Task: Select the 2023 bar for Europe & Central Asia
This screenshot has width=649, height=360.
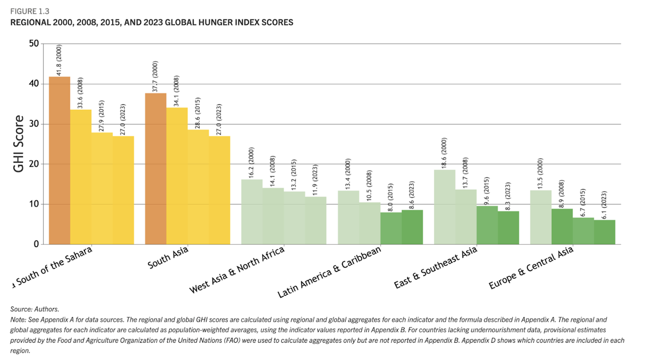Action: point(605,232)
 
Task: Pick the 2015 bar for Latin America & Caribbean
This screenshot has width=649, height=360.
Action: point(391,228)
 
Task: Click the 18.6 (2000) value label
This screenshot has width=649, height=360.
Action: point(445,153)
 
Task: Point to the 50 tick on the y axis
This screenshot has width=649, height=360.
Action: point(33,44)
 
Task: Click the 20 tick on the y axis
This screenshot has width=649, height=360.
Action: point(33,164)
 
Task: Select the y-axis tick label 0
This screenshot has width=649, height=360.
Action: point(36,244)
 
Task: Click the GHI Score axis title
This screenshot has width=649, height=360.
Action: point(18,144)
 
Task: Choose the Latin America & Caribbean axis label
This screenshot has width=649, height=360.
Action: point(329,274)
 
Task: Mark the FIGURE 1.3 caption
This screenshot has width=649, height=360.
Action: point(30,10)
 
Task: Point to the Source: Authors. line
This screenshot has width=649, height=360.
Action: point(34,309)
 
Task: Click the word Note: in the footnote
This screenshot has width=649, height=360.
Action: point(18,319)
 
